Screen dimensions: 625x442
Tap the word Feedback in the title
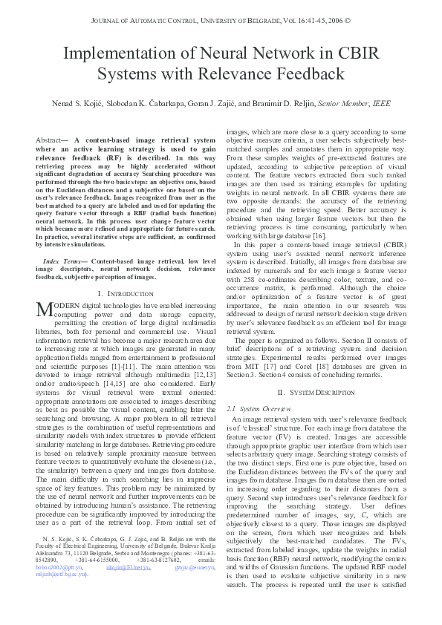(306, 74)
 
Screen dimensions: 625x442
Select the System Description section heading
(311, 391)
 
